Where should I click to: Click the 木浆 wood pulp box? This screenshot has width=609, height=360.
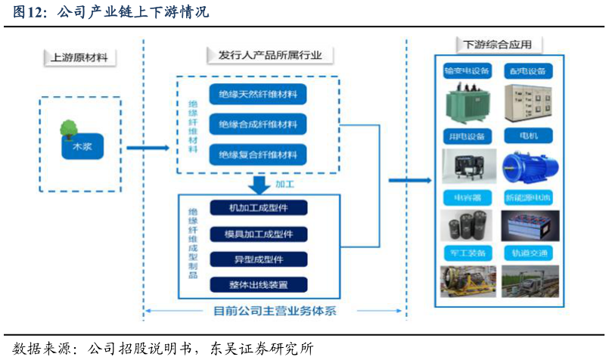[82, 147]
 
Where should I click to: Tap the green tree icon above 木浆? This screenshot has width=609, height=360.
[69, 128]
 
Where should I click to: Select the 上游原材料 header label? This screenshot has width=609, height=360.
[79, 57]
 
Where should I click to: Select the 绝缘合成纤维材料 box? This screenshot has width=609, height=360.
[258, 124]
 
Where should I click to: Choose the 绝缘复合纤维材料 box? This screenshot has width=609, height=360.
[258, 155]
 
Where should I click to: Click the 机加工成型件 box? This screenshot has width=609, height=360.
[258, 207]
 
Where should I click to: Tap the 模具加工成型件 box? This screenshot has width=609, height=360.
[258, 233]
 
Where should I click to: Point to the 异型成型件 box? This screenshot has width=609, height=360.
[258, 259]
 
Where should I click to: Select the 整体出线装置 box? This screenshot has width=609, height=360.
[258, 284]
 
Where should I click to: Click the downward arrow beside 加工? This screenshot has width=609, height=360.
[259, 184]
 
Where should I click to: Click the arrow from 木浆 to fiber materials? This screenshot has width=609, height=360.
[147, 147]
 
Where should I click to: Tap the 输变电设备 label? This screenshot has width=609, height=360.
[467, 71]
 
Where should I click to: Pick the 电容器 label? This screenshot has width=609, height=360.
[467, 199]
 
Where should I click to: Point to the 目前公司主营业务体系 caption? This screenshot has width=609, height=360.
[275, 311]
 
